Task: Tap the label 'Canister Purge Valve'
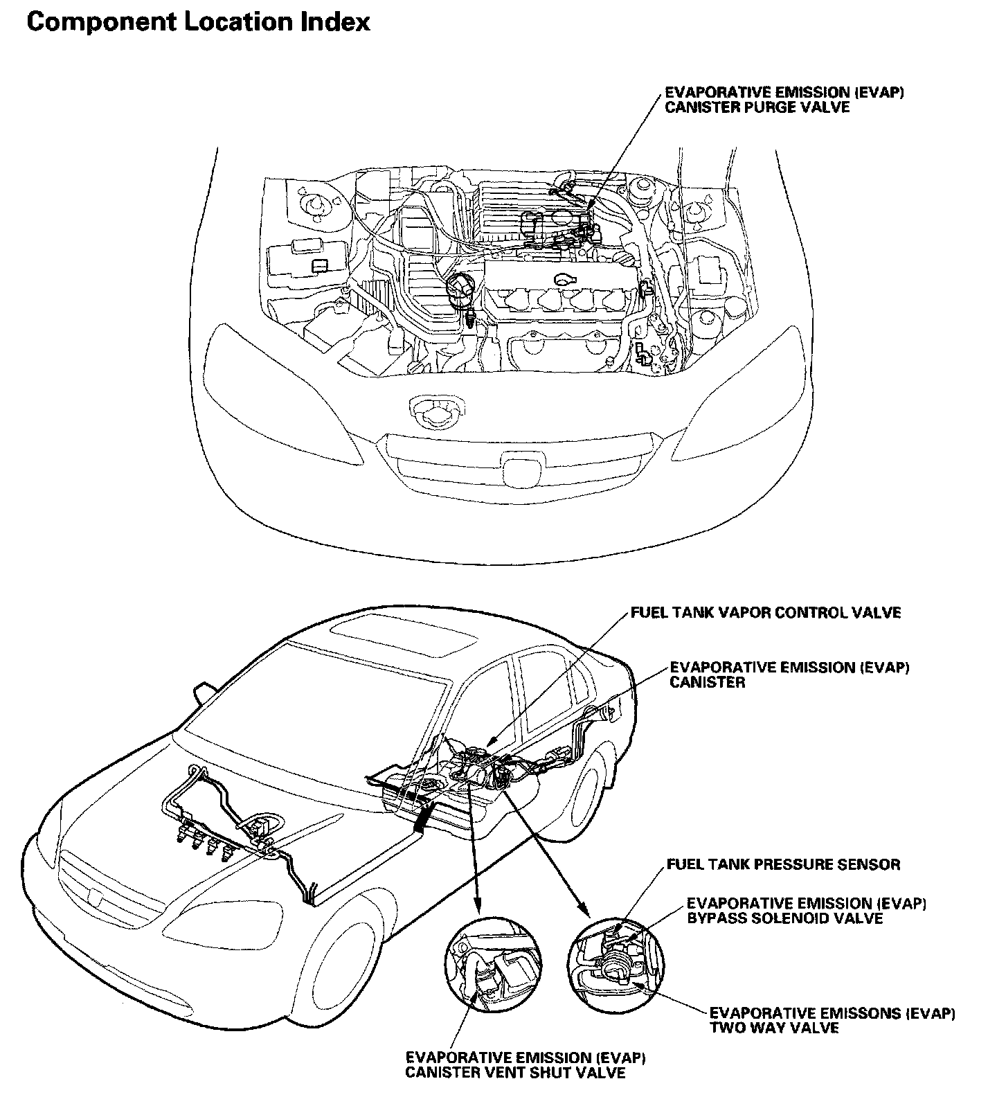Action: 757,108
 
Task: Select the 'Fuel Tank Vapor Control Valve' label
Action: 766,613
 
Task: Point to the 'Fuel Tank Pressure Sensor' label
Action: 783,864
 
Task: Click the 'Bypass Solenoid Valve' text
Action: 784,918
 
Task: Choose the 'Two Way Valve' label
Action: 774,1028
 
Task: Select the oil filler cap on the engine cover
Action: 566,278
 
